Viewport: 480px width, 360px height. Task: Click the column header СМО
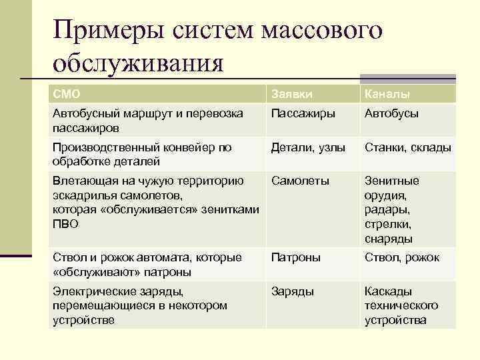(x=65, y=95)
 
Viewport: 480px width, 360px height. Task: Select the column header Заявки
(x=291, y=95)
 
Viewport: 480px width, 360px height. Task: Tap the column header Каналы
(x=387, y=95)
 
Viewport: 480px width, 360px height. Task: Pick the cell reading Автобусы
(x=391, y=113)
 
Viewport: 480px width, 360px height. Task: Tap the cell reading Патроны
(x=295, y=257)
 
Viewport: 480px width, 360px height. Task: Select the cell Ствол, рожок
(x=401, y=257)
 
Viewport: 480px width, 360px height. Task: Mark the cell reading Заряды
(x=293, y=291)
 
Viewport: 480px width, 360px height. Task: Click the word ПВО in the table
(x=65, y=225)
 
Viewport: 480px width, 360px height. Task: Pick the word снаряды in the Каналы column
(x=388, y=239)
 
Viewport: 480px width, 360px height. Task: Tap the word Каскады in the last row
(x=388, y=291)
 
